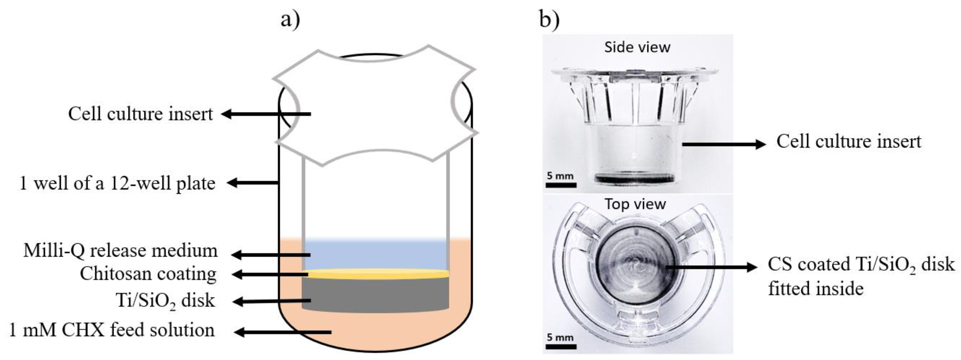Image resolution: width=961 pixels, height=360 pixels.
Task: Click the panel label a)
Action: tap(290, 19)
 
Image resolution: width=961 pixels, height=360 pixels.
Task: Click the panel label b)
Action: tap(549, 19)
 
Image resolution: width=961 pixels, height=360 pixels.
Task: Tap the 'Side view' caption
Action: tap(637, 47)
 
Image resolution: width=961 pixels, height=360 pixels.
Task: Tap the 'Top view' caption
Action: tap(635, 204)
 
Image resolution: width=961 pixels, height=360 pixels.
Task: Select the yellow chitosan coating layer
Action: tap(377, 275)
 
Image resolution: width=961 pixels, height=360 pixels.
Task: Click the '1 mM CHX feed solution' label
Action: tap(112, 330)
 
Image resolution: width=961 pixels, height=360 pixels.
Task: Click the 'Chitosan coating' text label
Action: tap(148, 274)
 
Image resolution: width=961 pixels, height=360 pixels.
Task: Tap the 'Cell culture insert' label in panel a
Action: tap(140, 113)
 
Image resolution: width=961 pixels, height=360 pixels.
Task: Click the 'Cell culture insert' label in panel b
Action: tap(849, 142)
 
